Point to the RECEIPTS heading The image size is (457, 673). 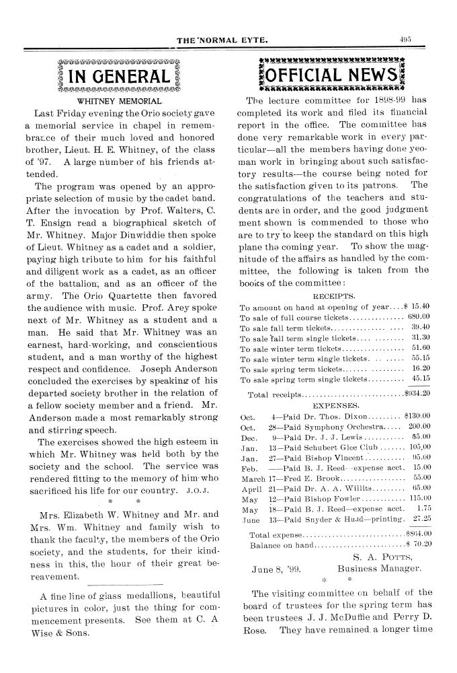(x=334, y=295)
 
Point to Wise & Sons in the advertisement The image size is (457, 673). (x=57, y=633)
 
